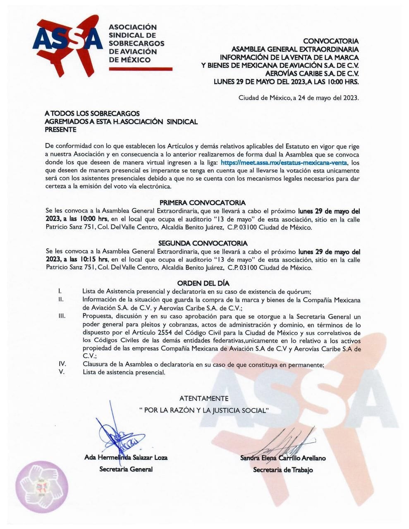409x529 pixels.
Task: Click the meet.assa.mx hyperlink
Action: coord(284,162)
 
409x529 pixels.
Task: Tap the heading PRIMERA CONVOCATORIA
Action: coord(203,203)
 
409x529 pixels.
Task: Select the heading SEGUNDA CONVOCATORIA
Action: coord(203,243)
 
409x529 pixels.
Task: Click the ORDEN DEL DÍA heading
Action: coord(203,283)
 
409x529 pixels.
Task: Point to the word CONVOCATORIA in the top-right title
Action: coord(331,41)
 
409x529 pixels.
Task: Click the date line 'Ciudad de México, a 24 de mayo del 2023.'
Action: coord(299,98)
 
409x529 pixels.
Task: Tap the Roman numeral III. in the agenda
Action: coord(62,316)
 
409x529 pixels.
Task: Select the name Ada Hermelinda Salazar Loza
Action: coord(126,458)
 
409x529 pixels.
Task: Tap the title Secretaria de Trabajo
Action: coord(283,470)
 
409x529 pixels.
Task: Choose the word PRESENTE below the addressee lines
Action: coord(60,129)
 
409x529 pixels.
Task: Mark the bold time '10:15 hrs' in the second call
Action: coord(93,260)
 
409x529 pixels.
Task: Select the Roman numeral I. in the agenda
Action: coord(61,291)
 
